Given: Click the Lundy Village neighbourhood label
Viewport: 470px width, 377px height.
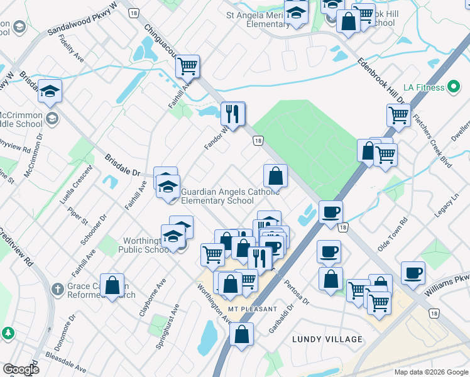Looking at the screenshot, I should (327, 339).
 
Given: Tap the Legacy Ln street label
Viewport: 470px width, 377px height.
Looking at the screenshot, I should (447, 205).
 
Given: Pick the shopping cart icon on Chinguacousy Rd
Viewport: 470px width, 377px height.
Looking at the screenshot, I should (187, 65).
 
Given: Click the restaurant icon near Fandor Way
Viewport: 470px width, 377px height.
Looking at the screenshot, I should (233, 114).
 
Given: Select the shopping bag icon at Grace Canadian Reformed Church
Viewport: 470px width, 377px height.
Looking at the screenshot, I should (112, 285).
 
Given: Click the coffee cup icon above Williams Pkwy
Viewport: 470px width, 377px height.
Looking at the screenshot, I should (413, 273).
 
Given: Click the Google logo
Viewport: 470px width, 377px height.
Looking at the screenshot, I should (21, 369).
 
